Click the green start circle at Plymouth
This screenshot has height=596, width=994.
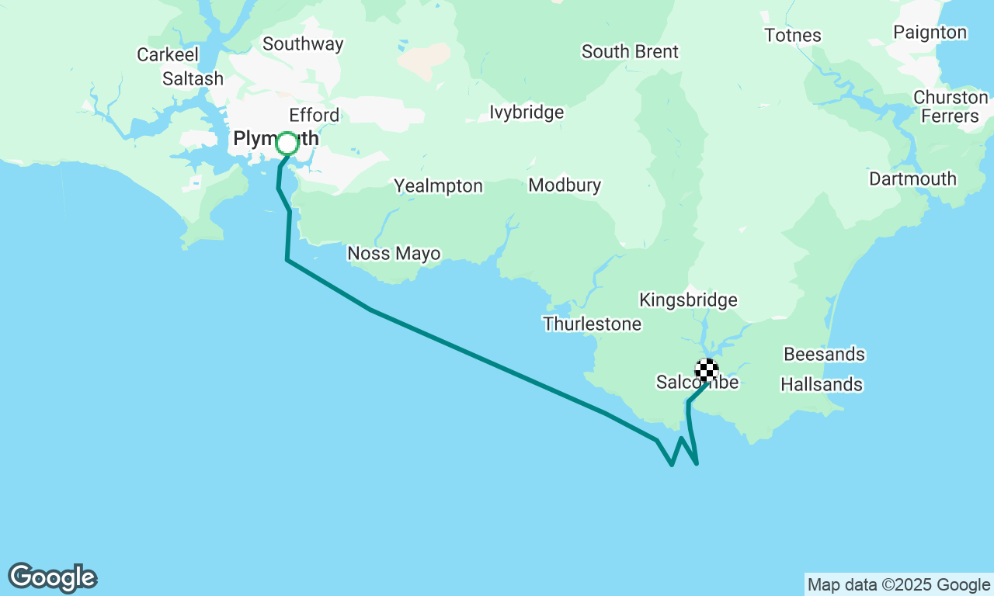tap(287, 144)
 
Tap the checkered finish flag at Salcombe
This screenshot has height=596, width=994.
tap(706, 370)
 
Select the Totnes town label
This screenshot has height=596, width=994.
tap(792, 36)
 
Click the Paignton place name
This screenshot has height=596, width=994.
tap(930, 33)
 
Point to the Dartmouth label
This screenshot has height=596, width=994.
tap(912, 179)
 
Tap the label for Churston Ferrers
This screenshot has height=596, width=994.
tap(951, 107)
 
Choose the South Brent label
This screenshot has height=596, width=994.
tap(630, 52)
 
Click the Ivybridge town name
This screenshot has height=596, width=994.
tap(527, 113)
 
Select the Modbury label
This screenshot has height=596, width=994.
tap(565, 185)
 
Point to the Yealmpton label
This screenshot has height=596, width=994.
tap(438, 186)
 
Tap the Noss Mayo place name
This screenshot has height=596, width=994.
tap(394, 254)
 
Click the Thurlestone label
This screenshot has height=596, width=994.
tap(593, 324)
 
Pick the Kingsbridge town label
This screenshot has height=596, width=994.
tap(688, 300)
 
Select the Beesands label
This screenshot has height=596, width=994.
tap(824, 355)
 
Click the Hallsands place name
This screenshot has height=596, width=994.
tap(822, 385)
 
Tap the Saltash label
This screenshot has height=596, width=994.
tap(193, 79)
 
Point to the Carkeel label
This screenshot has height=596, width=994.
tap(168, 55)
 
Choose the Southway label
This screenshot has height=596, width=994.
tap(303, 44)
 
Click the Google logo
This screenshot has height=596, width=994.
tap(52, 578)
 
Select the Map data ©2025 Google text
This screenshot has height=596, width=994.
tap(898, 585)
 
